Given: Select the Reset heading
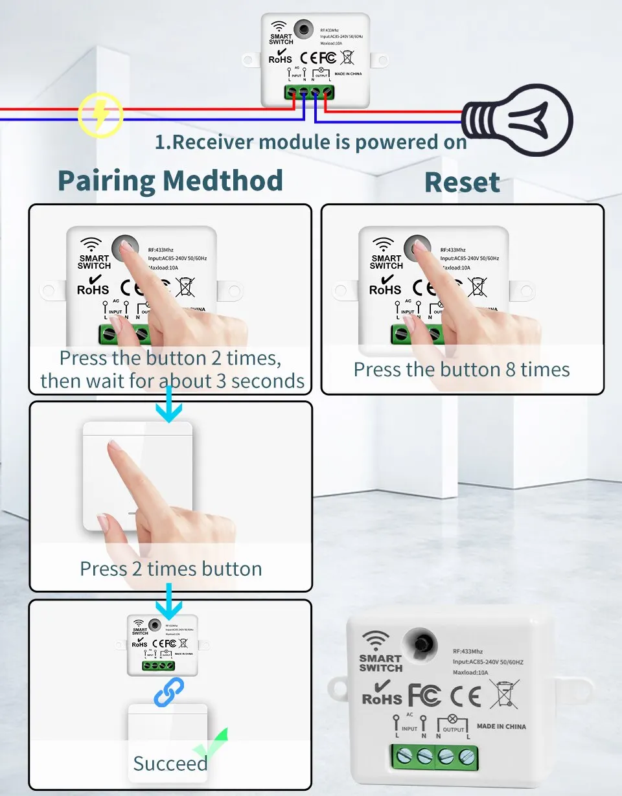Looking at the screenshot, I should coord(462,183).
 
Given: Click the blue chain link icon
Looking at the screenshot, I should coord(168,692).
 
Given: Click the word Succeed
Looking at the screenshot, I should coord(170,764).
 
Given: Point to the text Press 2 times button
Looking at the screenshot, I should coord(171,569).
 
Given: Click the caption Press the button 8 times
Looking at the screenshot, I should coord(461,369).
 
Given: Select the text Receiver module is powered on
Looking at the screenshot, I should coord(311,142).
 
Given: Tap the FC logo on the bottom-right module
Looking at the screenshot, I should coord(424,695).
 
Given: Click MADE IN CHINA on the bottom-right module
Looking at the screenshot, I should coord(501,726).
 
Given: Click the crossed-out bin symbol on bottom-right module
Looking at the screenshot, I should coord(504,694).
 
